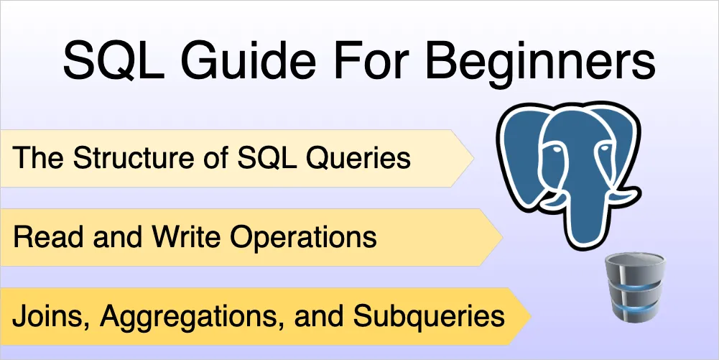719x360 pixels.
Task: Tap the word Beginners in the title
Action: (x=541, y=62)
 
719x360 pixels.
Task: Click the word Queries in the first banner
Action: (x=358, y=159)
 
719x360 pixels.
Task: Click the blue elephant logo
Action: (x=569, y=175)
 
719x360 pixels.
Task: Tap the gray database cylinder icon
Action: (x=635, y=287)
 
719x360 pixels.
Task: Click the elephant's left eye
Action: (x=556, y=149)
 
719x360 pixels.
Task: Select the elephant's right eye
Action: (x=605, y=148)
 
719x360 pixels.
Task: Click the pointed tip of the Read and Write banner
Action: (x=503, y=237)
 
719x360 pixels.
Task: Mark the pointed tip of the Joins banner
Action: (x=531, y=316)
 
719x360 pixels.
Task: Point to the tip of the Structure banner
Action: (x=473, y=158)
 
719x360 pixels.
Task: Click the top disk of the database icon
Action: (x=635, y=264)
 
